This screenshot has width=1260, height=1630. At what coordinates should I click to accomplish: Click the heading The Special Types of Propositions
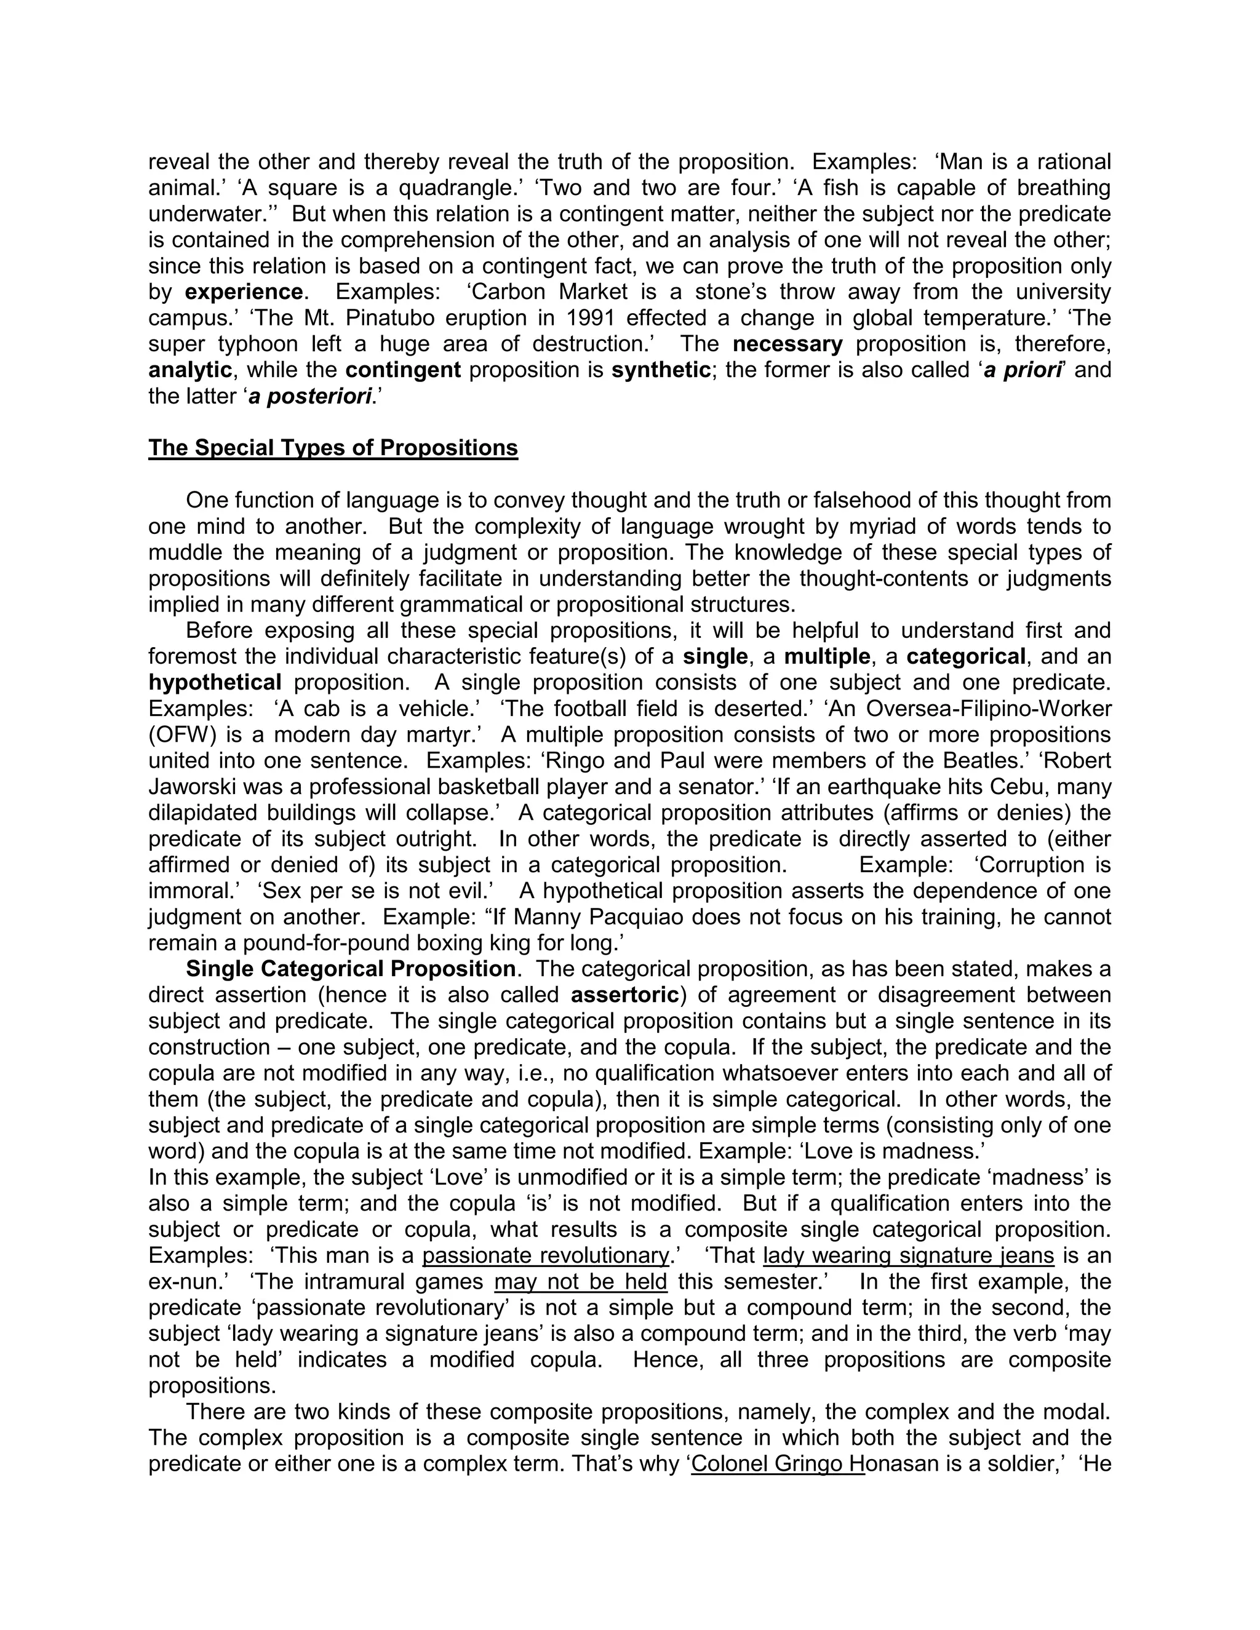pos(333,448)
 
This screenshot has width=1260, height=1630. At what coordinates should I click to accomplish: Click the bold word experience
pos(244,292)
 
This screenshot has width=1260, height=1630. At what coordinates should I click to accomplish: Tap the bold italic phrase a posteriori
pos(310,396)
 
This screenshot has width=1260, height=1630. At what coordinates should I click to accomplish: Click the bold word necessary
pos(787,344)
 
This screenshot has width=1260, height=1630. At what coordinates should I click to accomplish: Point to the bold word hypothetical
pos(215,683)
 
